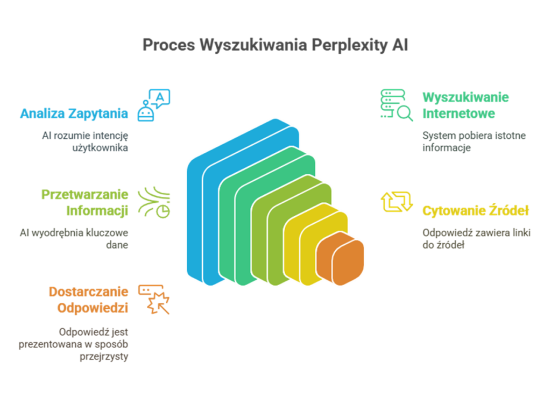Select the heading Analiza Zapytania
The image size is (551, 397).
74,114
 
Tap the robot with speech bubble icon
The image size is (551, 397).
153,105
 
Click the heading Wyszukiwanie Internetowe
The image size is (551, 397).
465,105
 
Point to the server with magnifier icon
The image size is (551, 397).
397,105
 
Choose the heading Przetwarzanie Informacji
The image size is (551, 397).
84,202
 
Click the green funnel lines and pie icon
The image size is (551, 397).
154,202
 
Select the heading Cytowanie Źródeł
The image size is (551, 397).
476,211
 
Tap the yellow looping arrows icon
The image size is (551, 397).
397,202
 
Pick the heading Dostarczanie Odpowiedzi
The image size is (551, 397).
88,300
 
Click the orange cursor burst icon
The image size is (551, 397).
154,299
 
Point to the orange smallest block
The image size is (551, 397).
340,258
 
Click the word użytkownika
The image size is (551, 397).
100,148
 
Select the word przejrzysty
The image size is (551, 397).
104,357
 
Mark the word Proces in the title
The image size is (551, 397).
168,45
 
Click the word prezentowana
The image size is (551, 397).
49,344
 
